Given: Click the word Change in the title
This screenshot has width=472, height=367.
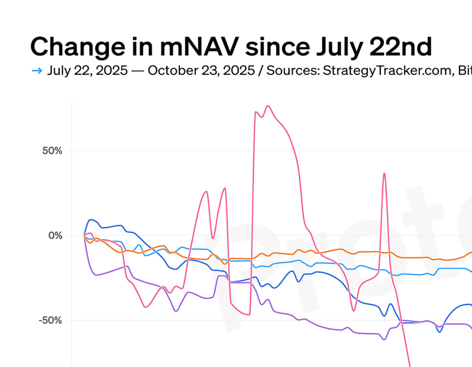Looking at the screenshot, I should [71, 47].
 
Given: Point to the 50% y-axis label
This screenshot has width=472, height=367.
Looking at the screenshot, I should [52, 151].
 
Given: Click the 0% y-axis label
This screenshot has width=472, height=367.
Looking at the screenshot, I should [56, 235].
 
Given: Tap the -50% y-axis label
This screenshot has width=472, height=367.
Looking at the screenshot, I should [50, 320].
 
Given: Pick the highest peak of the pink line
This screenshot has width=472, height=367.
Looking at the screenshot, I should [268, 106].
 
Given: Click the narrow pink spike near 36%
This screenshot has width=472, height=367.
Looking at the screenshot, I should [384, 173].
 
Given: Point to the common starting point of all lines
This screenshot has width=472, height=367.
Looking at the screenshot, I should [84, 235].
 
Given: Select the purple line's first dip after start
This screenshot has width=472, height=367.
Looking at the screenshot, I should [96, 275].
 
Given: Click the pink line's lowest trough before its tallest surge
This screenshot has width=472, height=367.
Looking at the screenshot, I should [249, 315].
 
